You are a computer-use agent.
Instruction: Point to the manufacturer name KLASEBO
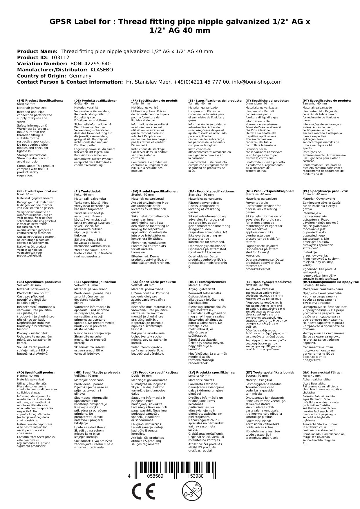pyautogui.click(x=102, y=70)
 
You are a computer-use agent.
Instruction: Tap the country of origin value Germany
pyautogui.click(x=80, y=76)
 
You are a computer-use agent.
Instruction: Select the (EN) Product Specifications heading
pyautogui.click(x=40, y=100)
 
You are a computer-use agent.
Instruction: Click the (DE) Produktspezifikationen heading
pyautogui.click(x=96, y=100)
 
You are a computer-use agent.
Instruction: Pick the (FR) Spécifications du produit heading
pyautogui.click(x=155, y=100)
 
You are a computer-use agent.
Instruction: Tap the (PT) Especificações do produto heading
pyautogui.click(x=327, y=100)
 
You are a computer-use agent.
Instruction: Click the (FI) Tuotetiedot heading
pyautogui.click(x=88, y=191)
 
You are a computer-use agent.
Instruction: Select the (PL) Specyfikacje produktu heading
pyautogui.click(x=325, y=191)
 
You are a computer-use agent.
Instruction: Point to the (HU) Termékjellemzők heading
pyautogui.click(x=207, y=282)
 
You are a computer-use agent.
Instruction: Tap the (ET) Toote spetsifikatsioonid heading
pyautogui.click(x=269, y=372)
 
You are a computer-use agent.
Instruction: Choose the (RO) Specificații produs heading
pyautogui.click(x=36, y=372)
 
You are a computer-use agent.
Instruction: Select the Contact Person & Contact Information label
pyautogui.click(x=70, y=82)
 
